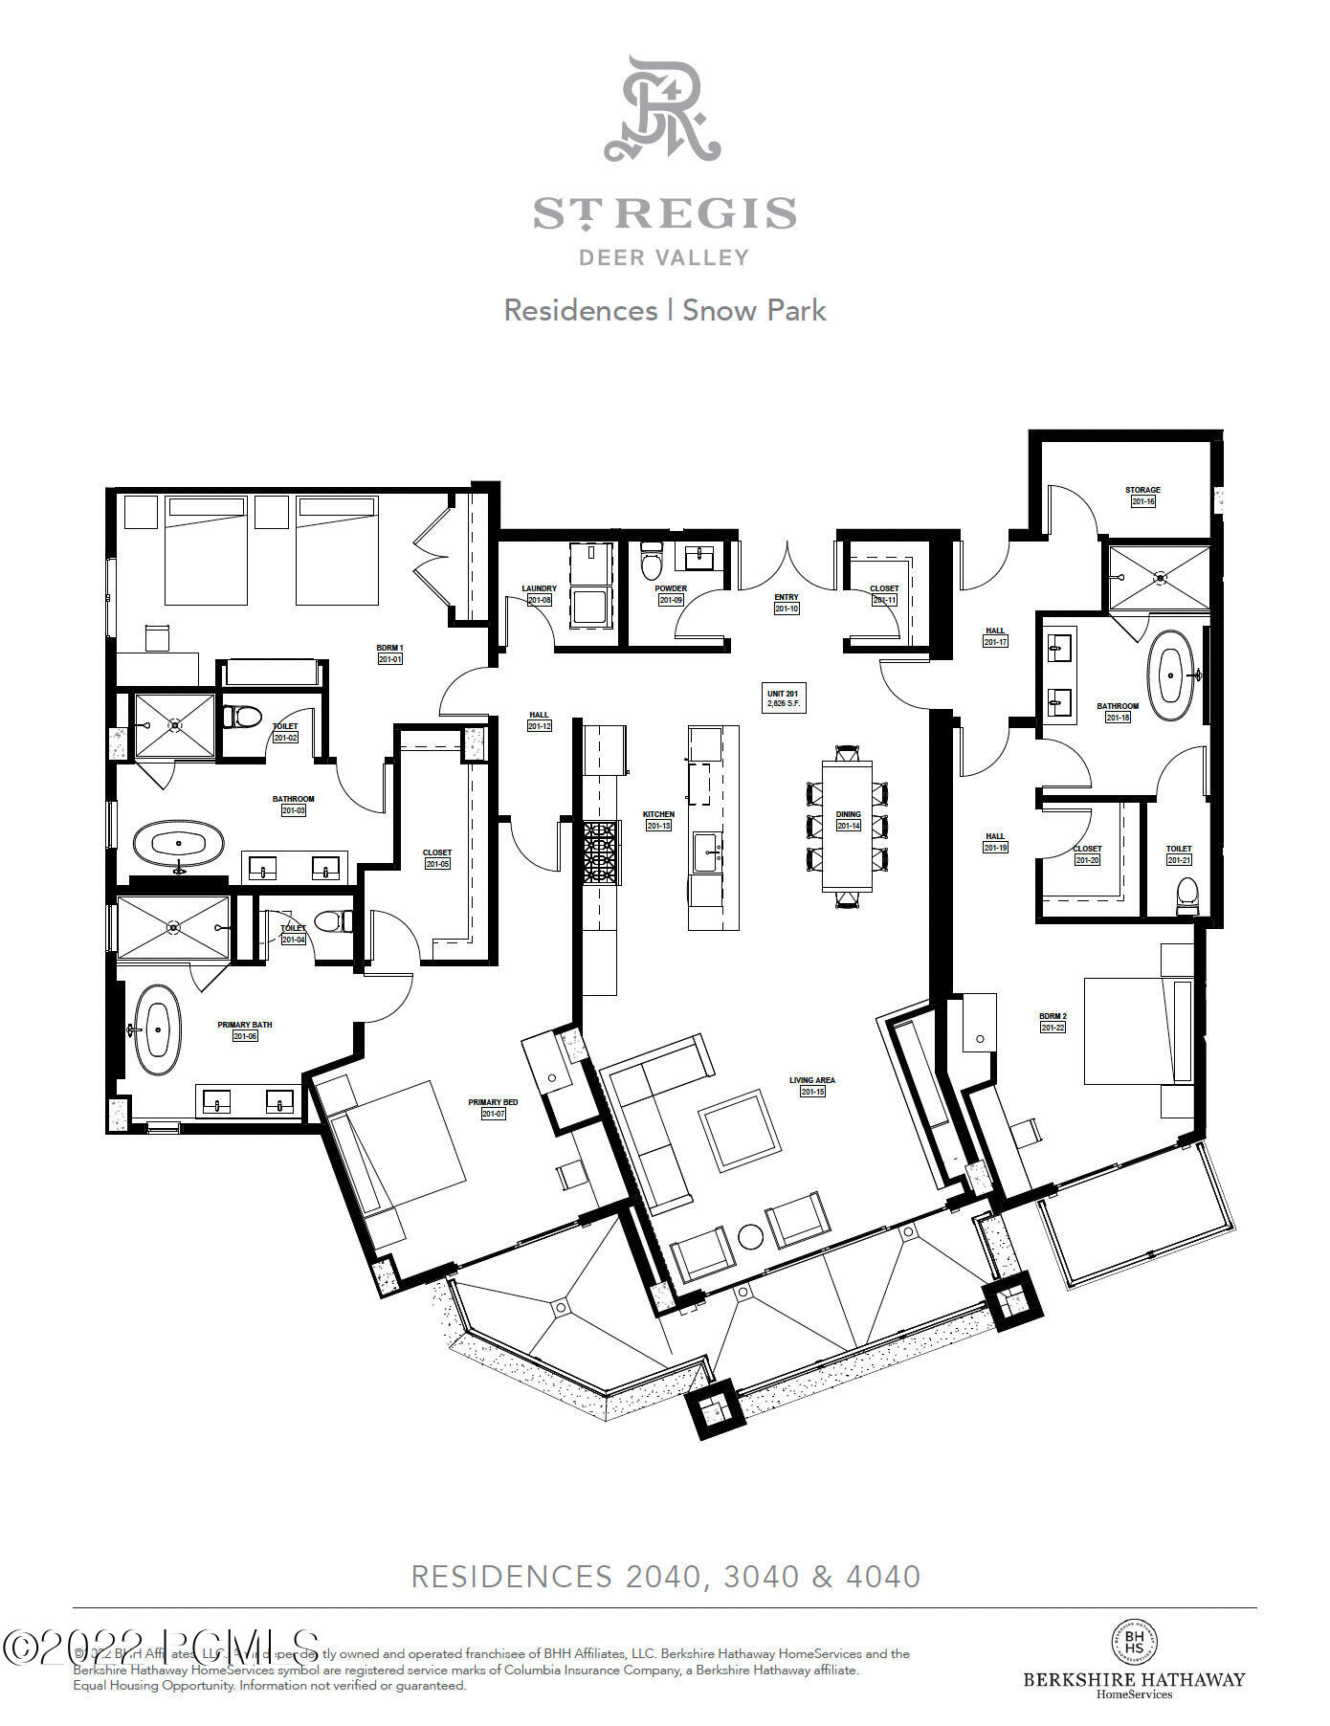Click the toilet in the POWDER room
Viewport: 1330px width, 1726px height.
coord(652,562)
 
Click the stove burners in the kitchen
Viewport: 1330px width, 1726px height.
coord(599,852)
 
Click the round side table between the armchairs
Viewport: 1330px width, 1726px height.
coord(751,1236)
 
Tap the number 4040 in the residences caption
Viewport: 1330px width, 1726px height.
coord(882,1577)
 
